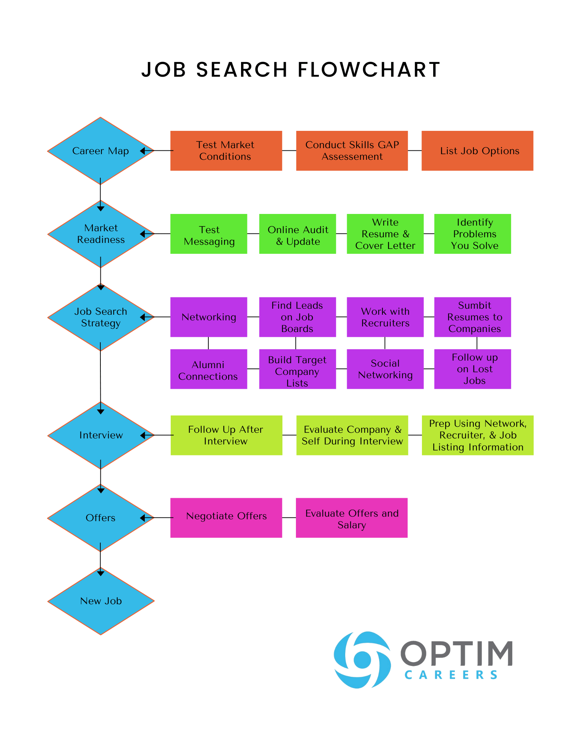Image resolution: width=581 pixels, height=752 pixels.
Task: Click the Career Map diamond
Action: (100, 151)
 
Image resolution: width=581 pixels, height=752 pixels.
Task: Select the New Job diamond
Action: (100, 601)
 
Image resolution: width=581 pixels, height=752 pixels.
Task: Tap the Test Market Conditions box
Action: (226, 151)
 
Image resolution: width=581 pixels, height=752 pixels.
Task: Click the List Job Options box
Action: (477, 151)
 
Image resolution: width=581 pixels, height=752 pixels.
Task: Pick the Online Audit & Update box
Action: (297, 234)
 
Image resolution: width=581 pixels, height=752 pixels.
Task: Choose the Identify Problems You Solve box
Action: (473, 234)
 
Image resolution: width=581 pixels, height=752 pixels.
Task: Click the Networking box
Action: (209, 317)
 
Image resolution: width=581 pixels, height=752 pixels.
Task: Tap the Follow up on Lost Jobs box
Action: (473, 369)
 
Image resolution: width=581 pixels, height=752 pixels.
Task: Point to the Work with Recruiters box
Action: (385, 317)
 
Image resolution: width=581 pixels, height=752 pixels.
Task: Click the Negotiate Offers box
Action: (226, 518)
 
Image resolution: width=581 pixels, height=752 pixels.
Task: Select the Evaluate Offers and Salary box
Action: (352, 518)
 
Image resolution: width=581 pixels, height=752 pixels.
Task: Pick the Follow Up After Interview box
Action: (226, 435)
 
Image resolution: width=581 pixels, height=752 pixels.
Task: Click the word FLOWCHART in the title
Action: (369, 70)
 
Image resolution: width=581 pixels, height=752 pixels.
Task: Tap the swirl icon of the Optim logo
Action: (362, 660)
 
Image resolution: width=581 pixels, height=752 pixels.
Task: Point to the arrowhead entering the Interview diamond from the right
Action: (143, 435)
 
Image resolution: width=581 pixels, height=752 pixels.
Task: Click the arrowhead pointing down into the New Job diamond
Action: (100, 573)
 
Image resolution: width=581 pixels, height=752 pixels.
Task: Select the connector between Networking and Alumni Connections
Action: (208, 343)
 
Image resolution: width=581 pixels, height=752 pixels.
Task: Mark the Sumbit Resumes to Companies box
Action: (473, 317)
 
